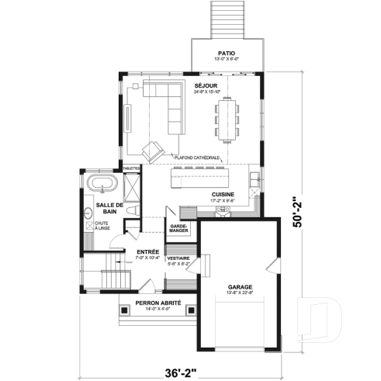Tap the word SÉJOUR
coord(206,85)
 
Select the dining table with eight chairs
coord(227,122)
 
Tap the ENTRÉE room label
coord(147,252)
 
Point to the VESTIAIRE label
coord(179,258)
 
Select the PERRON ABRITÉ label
coord(152,303)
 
